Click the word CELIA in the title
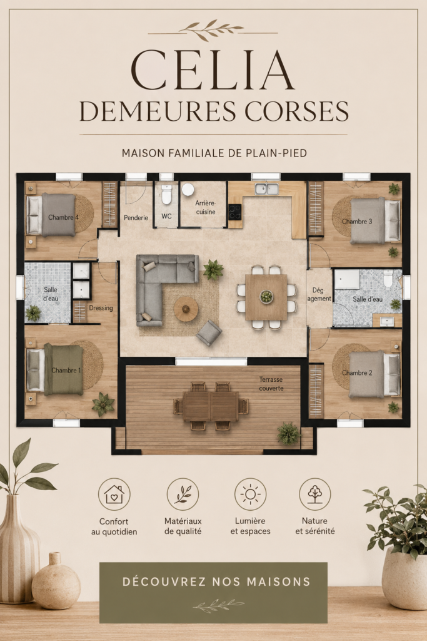point(213,69)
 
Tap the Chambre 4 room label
point(63,217)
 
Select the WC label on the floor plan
point(166,216)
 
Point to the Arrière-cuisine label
point(205,207)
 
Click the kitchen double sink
point(266,189)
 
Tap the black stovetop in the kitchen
point(236,212)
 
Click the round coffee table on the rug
point(186,309)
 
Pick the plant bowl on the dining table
point(266,296)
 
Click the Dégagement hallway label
point(319,294)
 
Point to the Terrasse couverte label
point(271,384)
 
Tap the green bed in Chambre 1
point(64,370)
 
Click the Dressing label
point(101,308)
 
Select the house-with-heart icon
point(114,495)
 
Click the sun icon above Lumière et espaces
point(250,495)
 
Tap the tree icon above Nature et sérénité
point(314,495)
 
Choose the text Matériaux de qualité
point(183,526)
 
